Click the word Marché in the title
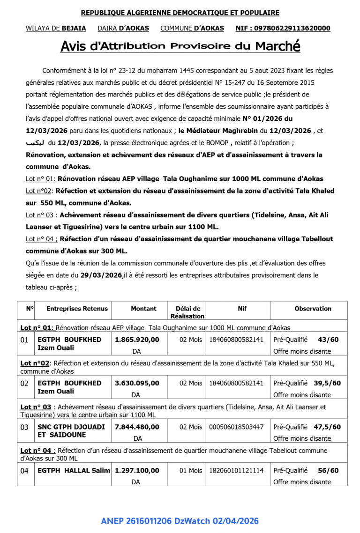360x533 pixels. [x=277, y=46]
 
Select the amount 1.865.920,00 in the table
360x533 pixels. [x=137, y=340]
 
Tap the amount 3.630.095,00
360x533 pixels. [x=137, y=383]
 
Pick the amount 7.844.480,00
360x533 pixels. [x=137, y=427]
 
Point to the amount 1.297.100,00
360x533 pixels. [x=137, y=470]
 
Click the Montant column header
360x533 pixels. [x=143, y=309]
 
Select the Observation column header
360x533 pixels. [x=313, y=309]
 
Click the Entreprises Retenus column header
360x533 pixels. [x=77, y=309]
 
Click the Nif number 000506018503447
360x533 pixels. [x=236, y=427]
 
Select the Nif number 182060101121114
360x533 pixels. [x=236, y=470]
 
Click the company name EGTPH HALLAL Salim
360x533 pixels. [x=74, y=470]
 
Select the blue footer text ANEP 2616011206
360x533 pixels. [x=136, y=521]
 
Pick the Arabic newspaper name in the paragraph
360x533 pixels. [x=35, y=142]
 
